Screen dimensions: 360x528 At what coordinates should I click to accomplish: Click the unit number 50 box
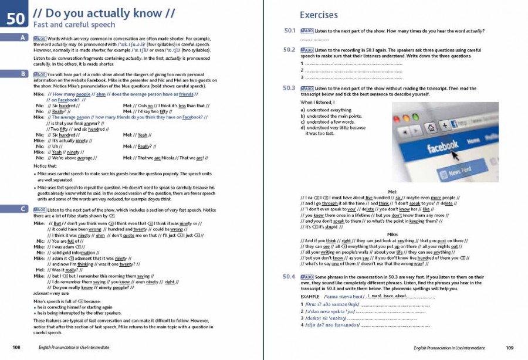tap(16, 18)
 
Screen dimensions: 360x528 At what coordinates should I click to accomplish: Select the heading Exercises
tap(319, 15)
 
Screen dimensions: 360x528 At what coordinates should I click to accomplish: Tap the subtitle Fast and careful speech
tap(66, 25)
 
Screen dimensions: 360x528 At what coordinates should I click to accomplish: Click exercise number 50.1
tap(289, 30)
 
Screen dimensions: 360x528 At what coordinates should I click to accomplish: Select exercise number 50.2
tap(289, 50)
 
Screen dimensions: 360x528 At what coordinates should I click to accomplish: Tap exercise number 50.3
tap(289, 88)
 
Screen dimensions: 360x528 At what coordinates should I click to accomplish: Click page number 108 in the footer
tap(16, 348)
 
